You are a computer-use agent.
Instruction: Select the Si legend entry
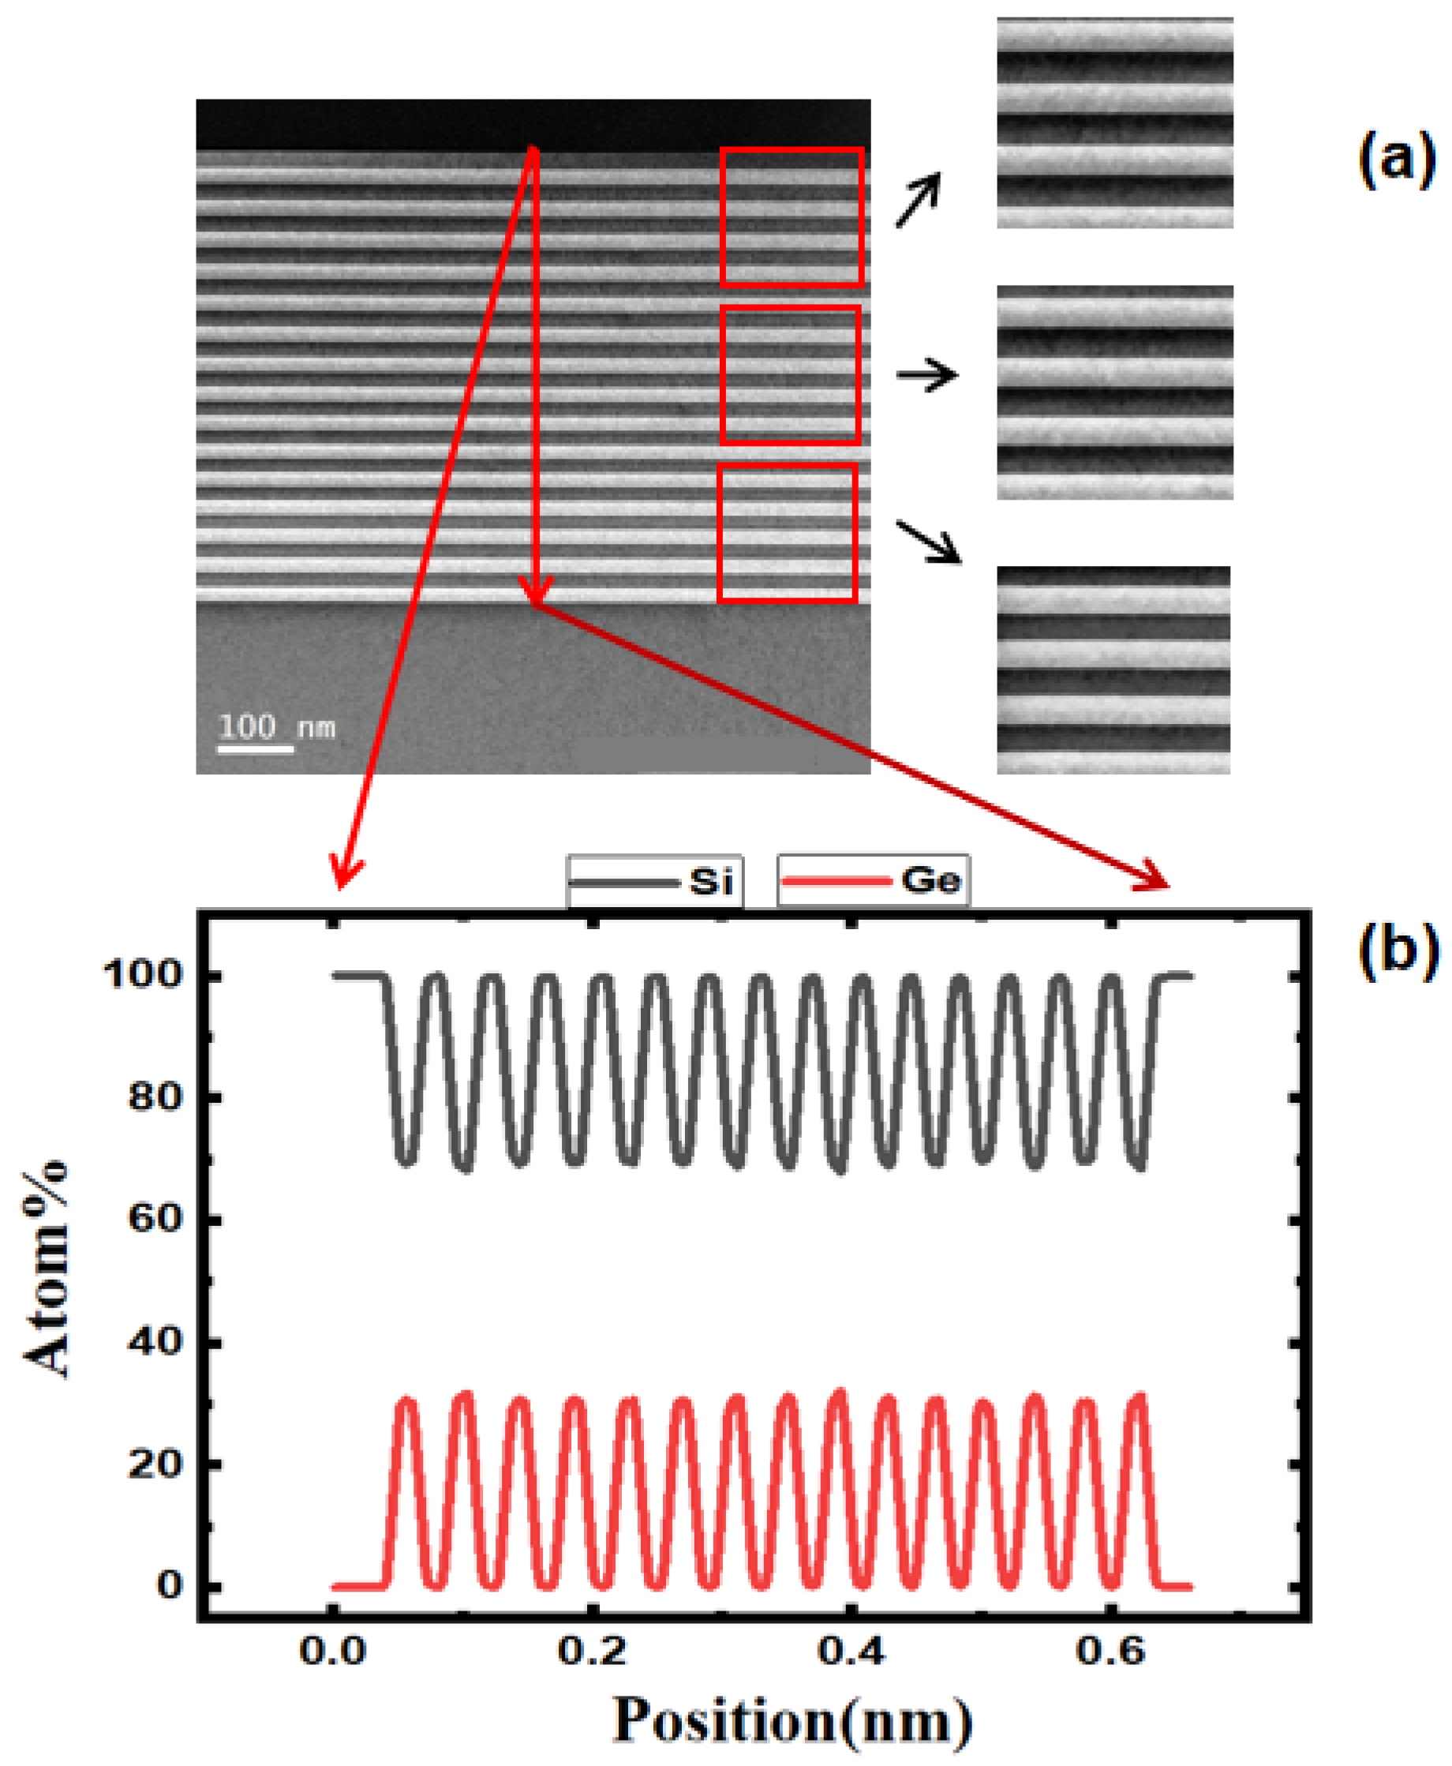tap(654, 881)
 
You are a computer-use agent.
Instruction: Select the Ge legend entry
tap(874, 881)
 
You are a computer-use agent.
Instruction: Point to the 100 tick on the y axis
tap(142, 975)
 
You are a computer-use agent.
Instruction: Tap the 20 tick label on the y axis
tap(155, 1463)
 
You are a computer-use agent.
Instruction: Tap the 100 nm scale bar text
tap(276, 726)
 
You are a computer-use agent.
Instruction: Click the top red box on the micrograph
tap(791, 218)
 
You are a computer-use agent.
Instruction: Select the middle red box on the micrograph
tap(790, 374)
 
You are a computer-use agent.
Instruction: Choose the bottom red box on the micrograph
tap(787, 532)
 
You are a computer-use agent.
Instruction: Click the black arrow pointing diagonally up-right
tap(919, 200)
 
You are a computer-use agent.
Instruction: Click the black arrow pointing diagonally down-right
tap(928, 542)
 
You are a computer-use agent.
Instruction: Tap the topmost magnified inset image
tap(1114, 123)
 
